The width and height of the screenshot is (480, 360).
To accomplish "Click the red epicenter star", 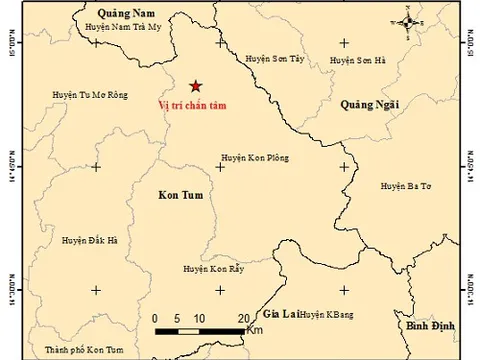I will pyautogui.click(x=196, y=86).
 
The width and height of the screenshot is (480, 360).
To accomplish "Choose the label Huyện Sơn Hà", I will pyautogui.click(x=357, y=60).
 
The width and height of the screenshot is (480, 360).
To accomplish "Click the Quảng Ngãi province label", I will pyautogui.click(x=370, y=104).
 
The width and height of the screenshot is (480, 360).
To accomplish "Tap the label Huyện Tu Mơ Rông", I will pyautogui.click(x=90, y=95).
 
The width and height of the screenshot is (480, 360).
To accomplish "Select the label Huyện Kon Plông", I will pyautogui.click(x=250, y=157).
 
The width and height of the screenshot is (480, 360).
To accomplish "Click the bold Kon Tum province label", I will pyautogui.click(x=181, y=195).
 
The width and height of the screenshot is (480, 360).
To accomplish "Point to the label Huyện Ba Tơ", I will pyautogui.click(x=406, y=186).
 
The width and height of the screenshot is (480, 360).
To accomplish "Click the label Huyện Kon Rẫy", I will pyautogui.click(x=213, y=269).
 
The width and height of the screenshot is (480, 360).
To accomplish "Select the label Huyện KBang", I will pyautogui.click(x=327, y=314).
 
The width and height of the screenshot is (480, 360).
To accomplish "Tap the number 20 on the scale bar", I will pyautogui.click(x=243, y=318).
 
